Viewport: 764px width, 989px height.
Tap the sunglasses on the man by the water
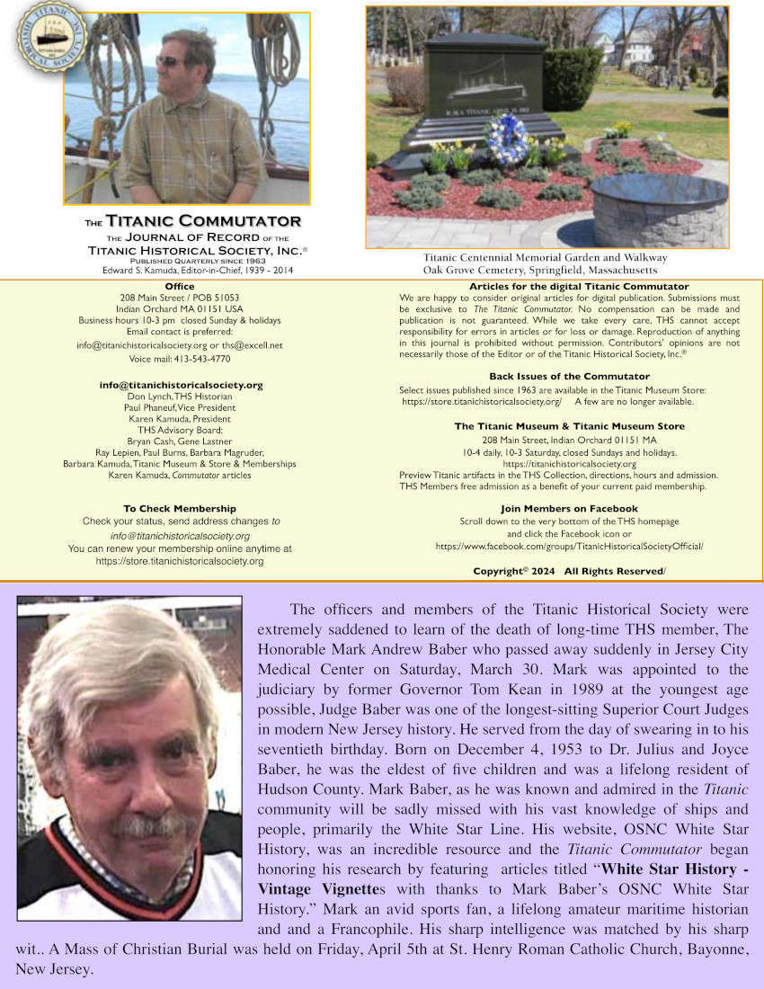170,61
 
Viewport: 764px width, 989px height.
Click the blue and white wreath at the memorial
505,138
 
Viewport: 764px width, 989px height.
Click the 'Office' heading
180,287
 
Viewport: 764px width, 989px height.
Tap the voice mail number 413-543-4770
205,359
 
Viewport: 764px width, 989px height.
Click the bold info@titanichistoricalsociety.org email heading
181,385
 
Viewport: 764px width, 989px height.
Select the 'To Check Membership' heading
180,509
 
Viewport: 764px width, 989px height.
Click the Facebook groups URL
569,546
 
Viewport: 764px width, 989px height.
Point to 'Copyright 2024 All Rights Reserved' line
569,571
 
